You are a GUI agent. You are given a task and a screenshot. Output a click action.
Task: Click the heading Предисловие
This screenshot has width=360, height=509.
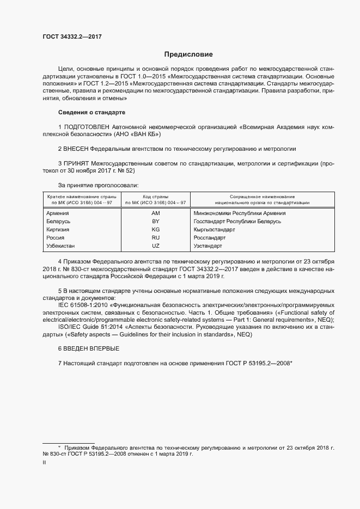[x=188, y=54]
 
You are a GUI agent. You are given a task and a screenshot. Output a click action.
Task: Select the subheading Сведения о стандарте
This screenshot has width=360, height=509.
[x=91, y=112]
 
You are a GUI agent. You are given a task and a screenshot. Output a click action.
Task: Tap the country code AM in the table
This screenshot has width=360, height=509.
[x=155, y=213]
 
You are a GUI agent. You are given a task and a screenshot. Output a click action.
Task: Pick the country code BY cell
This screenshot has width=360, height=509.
[x=155, y=222]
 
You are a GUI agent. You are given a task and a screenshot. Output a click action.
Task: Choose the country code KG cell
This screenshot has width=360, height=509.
[x=155, y=230]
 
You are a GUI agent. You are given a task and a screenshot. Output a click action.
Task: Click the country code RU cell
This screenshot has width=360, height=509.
[x=155, y=238]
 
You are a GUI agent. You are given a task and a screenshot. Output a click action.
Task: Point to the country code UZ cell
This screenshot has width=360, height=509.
[x=155, y=246]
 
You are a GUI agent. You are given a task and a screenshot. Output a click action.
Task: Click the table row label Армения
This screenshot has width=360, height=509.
[x=58, y=213]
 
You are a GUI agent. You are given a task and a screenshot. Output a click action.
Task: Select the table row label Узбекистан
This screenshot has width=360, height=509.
[x=62, y=246]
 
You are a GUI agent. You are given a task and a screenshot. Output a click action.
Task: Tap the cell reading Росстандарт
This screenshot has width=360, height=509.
[x=210, y=238]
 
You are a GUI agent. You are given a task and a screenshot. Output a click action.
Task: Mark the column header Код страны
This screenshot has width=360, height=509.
[x=155, y=197]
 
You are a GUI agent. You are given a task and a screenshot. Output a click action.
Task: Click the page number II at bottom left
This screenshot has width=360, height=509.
[x=44, y=463]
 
